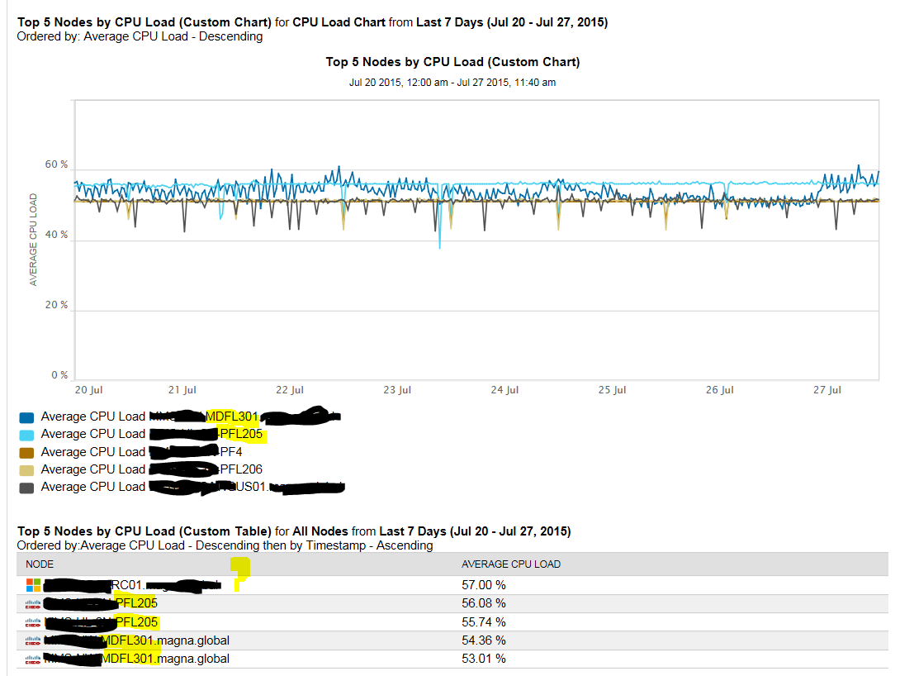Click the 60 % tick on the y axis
tap(56, 164)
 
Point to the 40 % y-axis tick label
tap(56, 235)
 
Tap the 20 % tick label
tap(56, 305)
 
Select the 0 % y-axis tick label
tap(59, 375)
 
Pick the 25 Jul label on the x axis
tap(612, 390)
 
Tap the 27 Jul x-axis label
tap(827, 390)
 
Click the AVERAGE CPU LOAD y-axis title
tap(34, 240)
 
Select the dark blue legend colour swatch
tap(26, 417)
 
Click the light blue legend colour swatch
tap(26, 435)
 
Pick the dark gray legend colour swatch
tap(26, 488)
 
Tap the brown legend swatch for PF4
tap(26, 453)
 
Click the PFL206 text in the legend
tap(241, 469)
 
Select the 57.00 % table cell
tap(483, 584)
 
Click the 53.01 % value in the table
tap(483, 659)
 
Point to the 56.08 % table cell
tap(483, 603)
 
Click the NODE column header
tap(40, 564)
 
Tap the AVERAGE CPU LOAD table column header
tap(510, 564)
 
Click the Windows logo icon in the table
tap(33, 585)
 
